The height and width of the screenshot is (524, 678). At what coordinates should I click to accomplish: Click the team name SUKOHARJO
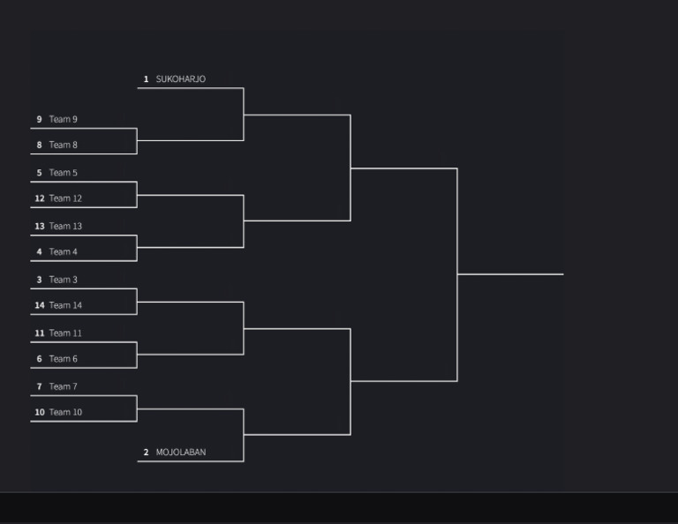180,79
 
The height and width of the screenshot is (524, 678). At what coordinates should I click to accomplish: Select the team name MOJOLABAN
180,453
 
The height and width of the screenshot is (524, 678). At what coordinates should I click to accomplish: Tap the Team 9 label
63,119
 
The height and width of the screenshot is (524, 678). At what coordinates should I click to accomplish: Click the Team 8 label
63,145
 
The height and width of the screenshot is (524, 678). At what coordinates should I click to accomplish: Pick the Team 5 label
63,173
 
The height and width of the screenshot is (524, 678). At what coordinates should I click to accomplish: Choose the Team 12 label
65,198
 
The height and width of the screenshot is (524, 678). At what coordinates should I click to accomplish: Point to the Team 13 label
65,226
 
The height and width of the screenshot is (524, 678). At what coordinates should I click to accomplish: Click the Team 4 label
63,251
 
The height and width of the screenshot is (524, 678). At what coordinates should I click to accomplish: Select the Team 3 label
63,280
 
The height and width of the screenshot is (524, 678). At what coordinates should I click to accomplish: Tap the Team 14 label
65,305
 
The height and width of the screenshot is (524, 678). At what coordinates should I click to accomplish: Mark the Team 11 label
65,333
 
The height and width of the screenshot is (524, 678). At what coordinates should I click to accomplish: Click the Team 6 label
63,358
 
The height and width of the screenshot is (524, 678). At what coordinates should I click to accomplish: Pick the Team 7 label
63,386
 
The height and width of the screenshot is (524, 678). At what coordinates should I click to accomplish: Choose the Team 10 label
65,412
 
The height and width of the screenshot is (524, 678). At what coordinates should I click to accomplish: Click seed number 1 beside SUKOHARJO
146,79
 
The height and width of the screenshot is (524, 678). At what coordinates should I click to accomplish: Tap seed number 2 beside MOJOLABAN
146,453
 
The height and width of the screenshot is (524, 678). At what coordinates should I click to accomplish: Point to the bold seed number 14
39,305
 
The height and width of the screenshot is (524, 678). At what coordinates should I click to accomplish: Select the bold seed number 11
39,333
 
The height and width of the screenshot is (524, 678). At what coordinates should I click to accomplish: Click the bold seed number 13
39,226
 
